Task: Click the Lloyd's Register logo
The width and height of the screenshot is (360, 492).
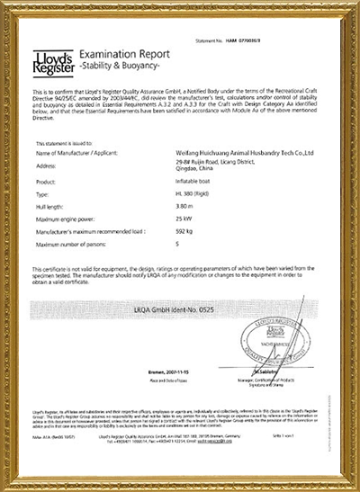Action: click(x=49, y=62)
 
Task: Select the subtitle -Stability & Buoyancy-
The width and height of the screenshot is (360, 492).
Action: click(x=119, y=68)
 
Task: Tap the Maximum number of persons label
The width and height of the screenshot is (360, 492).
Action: click(x=77, y=245)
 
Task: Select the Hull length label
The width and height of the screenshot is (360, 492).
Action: click(x=51, y=206)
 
